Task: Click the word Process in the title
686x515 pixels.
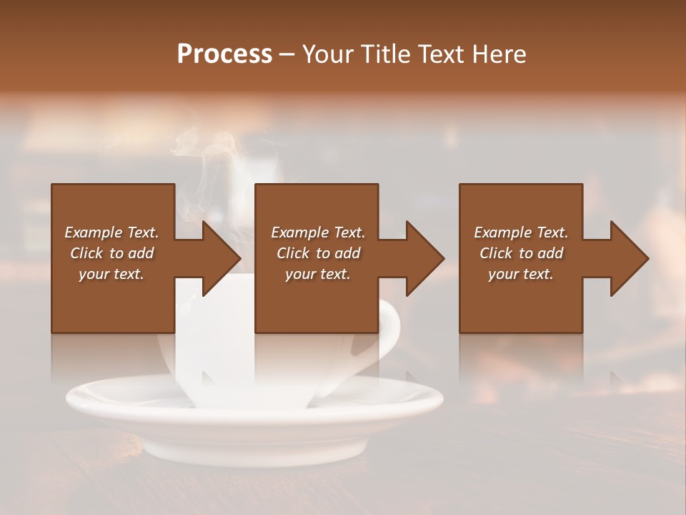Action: coord(224,54)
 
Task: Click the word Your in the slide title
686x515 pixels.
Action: coord(326,54)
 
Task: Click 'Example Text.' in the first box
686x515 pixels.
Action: coord(111,232)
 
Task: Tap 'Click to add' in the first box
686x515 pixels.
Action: coord(111,253)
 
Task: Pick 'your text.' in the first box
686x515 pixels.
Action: coord(111,274)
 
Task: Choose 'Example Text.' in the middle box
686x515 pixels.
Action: coord(318,232)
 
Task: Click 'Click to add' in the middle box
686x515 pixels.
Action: coord(318,253)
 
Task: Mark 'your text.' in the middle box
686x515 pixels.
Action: coord(318,274)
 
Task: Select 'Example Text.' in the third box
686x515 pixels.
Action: coord(521,232)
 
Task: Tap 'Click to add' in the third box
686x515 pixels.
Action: coord(521,253)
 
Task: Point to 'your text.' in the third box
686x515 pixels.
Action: coord(521,274)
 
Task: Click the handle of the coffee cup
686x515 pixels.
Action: coord(389,336)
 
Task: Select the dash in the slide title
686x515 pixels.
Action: coord(287,55)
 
